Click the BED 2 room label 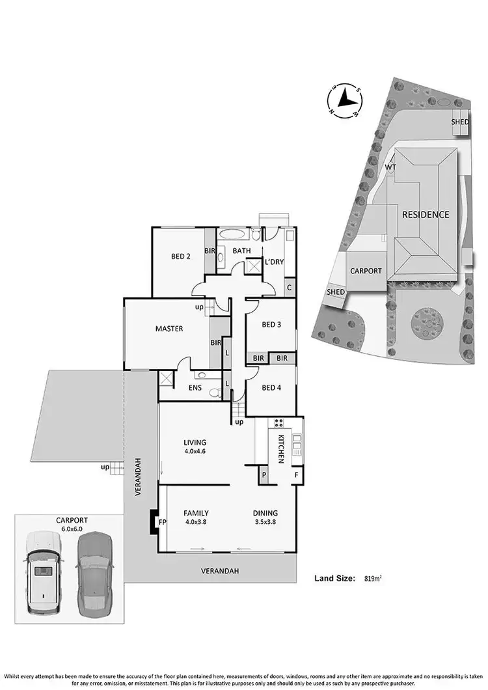click(180, 256)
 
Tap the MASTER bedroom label click(169, 329)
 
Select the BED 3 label click(271, 325)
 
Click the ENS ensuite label click(195, 389)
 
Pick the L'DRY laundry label click(274, 262)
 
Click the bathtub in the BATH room click(232, 234)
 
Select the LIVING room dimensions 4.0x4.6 click(195, 450)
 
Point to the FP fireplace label click(163, 521)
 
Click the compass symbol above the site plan click(345, 100)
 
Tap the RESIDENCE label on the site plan click(425, 214)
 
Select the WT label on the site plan click(390, 167)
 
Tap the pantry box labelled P click(264, 475)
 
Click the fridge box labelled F click(296, 475)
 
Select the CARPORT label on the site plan click(365, 271)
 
